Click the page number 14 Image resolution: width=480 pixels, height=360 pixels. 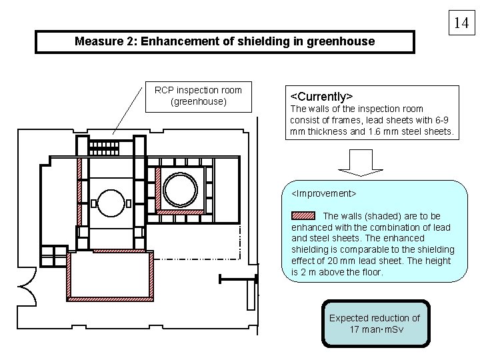pos(461,23)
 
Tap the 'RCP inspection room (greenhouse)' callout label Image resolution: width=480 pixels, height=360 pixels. pos(198,96)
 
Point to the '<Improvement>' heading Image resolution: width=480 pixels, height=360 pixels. pos(324,193)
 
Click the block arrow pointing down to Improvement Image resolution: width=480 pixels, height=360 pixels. pos(357,161)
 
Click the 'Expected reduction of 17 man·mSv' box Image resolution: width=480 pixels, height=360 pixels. pos(374,323)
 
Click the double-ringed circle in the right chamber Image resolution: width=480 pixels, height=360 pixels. pos(180,189)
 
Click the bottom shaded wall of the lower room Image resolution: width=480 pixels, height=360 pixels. pos(109,297)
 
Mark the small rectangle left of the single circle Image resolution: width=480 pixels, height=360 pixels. pos(94,203)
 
